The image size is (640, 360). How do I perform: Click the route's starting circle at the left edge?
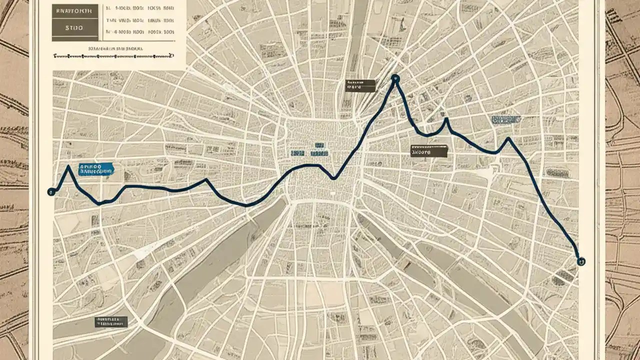tap(50, 191)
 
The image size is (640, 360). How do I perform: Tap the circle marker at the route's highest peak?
tap(395, 78)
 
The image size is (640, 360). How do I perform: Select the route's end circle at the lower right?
tap(581, 261)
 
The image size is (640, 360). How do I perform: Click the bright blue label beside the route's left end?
tap(96, 169)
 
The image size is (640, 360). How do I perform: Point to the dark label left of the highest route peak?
tap(360, 85)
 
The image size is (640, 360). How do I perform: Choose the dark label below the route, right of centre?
tap(428, 151)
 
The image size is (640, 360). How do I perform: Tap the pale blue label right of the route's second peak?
tap(506, 119)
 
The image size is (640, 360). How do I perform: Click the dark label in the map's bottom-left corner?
tap(110, 321)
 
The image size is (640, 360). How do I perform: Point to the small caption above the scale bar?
tap(115, 49)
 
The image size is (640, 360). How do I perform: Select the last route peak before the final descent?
tap(508, 138)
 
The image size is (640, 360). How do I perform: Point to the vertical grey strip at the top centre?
tap(358, 30)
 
